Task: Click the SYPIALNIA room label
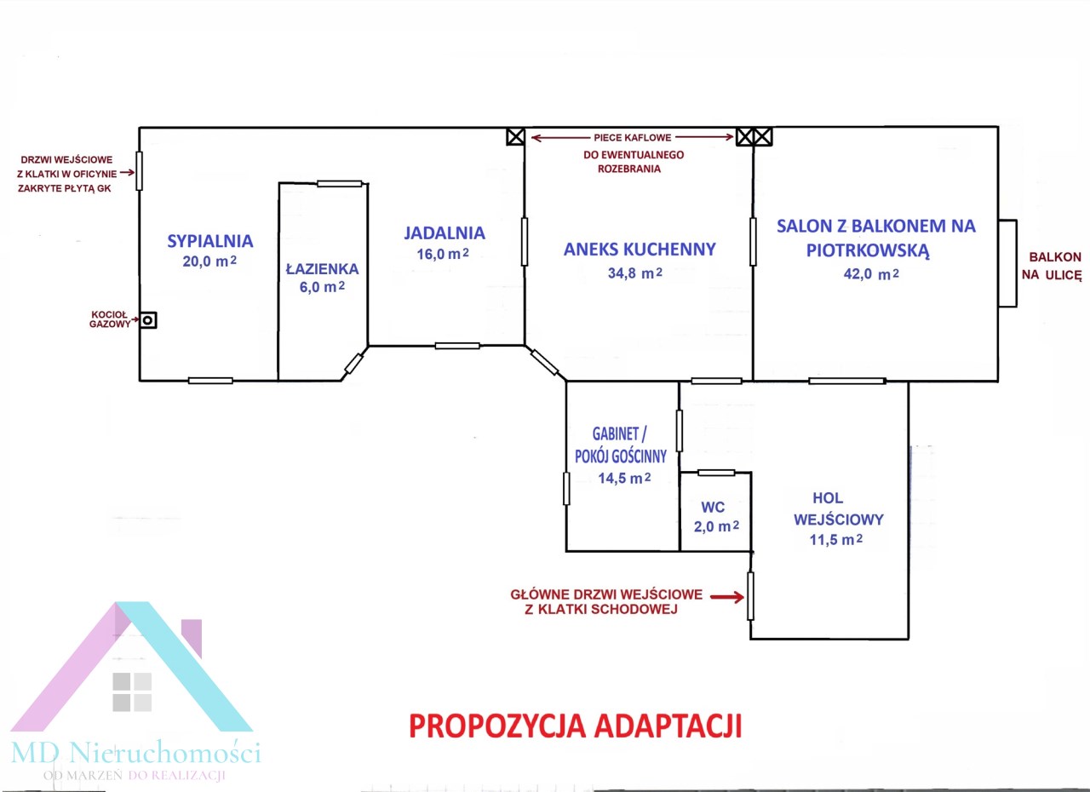(210, 241)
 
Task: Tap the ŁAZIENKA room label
(322, 269)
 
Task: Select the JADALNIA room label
(445, 233)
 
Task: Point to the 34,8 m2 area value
(635, 273)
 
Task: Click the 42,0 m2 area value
(871, 274)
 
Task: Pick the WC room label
(713, 508)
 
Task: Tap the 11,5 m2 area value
(836, 540)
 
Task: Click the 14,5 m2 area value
(624, 479)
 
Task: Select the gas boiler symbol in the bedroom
(148, 320)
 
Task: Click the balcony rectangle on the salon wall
(1007, 263)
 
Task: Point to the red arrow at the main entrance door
(727, 597)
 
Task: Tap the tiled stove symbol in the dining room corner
(515, 137)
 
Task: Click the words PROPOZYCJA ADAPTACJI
(575, 726)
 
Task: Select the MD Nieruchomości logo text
(135, 753)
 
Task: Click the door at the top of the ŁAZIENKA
(340, 184)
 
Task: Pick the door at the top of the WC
(716, 473)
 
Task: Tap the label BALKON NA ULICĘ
(1052, 266)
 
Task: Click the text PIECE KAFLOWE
(632, 138)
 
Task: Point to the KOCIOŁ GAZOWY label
(110, 319)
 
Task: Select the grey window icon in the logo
(132, 692)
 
